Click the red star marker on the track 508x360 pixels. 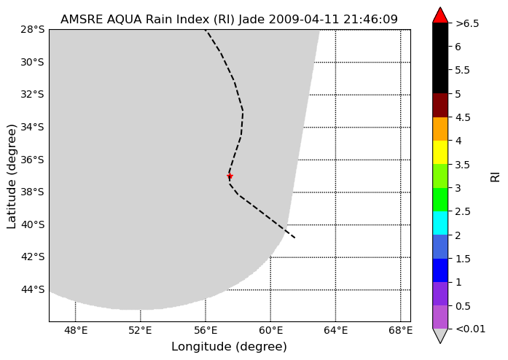click(x=230, y=176)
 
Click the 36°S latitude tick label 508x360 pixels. click(x=32, y=160)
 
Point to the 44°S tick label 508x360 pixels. click(x=32, y=289)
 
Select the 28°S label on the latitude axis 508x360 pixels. click(x=32, y=29)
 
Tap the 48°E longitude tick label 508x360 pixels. click(x=76, y=331)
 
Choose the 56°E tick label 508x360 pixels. click(x=206, y=331)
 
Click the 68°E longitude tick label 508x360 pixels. click(x=401, y=331)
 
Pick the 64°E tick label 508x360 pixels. click(x=336, y=331)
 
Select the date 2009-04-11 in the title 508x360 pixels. click(x=304, y=20)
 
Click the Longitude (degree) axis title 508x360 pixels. click(x=229, y=347)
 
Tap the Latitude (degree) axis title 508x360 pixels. click(x=12, y=176)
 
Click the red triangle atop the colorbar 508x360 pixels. click(x=440, y=15)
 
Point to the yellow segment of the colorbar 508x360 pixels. click(x=440, y=152)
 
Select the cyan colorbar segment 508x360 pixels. click(x=440, y=223)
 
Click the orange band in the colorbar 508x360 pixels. click(x=440, y=129)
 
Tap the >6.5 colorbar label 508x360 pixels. click(x=467, y=23)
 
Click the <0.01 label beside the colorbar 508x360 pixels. click(x=470, y=329)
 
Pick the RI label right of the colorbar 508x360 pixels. click(x=496, y=176)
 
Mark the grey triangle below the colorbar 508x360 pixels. click(x=440, y=336)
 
